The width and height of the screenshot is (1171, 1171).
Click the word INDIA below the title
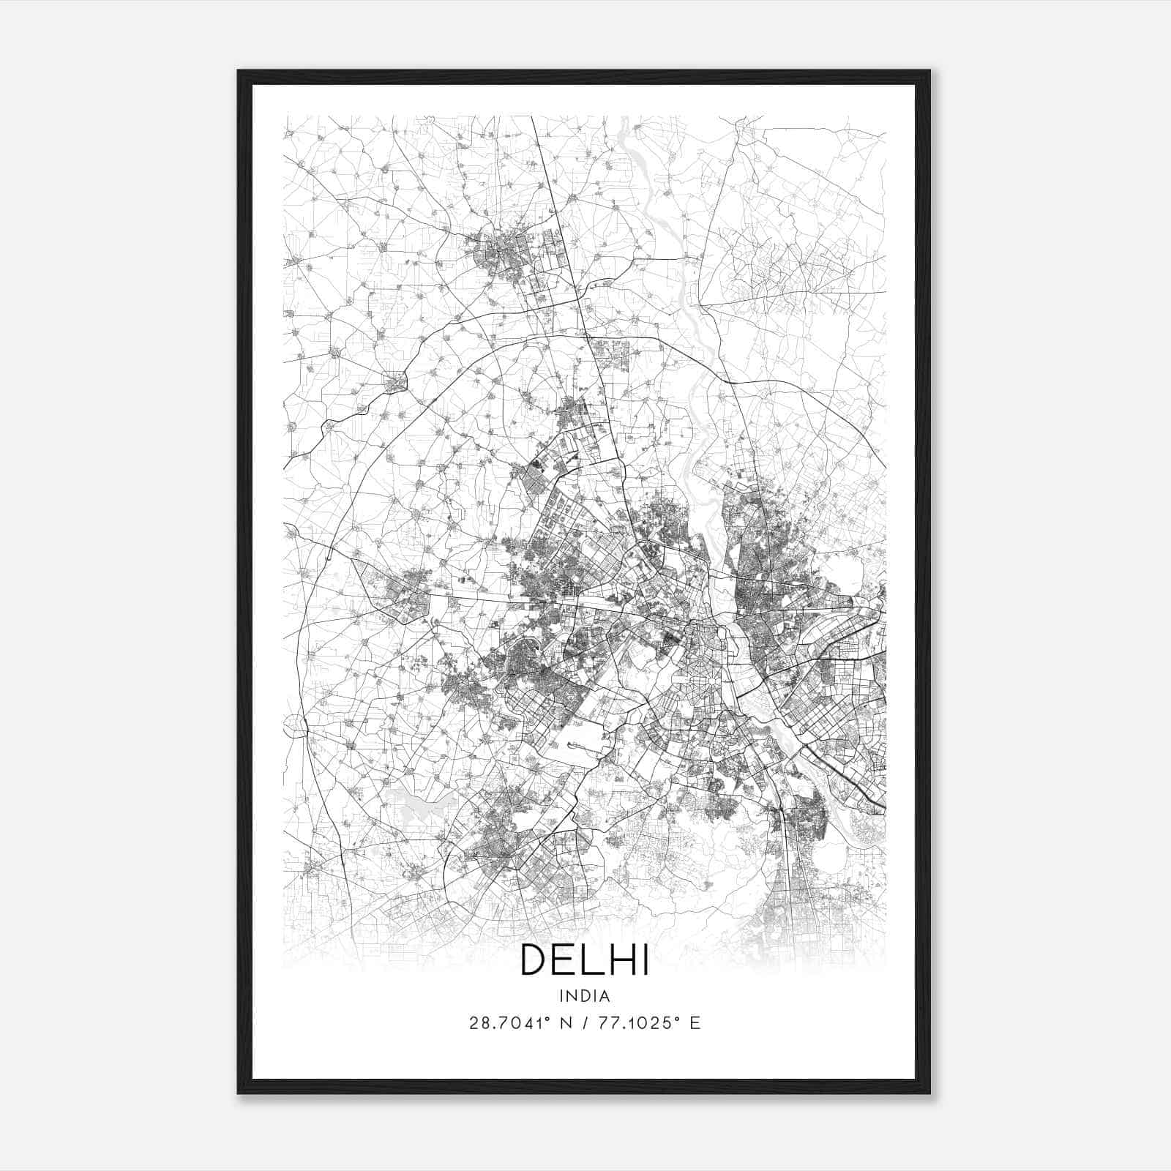(585, 996)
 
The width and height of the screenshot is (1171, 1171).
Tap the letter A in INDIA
(606, 996)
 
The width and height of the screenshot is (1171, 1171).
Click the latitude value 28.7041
(504, 1023)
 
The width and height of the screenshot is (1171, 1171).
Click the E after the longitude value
(695, 1023)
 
